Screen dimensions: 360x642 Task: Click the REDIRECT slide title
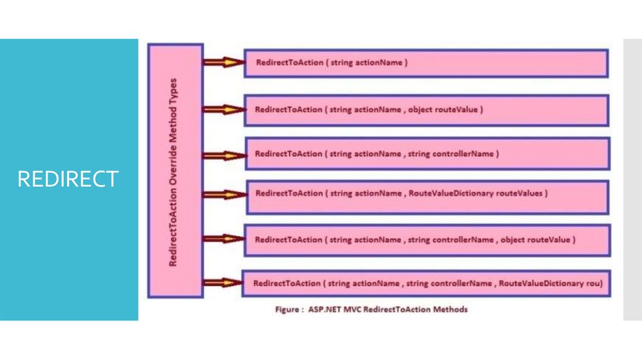68,179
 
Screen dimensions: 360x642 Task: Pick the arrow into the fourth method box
223,194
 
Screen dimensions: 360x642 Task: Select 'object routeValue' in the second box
445,109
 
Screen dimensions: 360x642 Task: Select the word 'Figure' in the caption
287,309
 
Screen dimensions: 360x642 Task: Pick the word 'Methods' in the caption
451,309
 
